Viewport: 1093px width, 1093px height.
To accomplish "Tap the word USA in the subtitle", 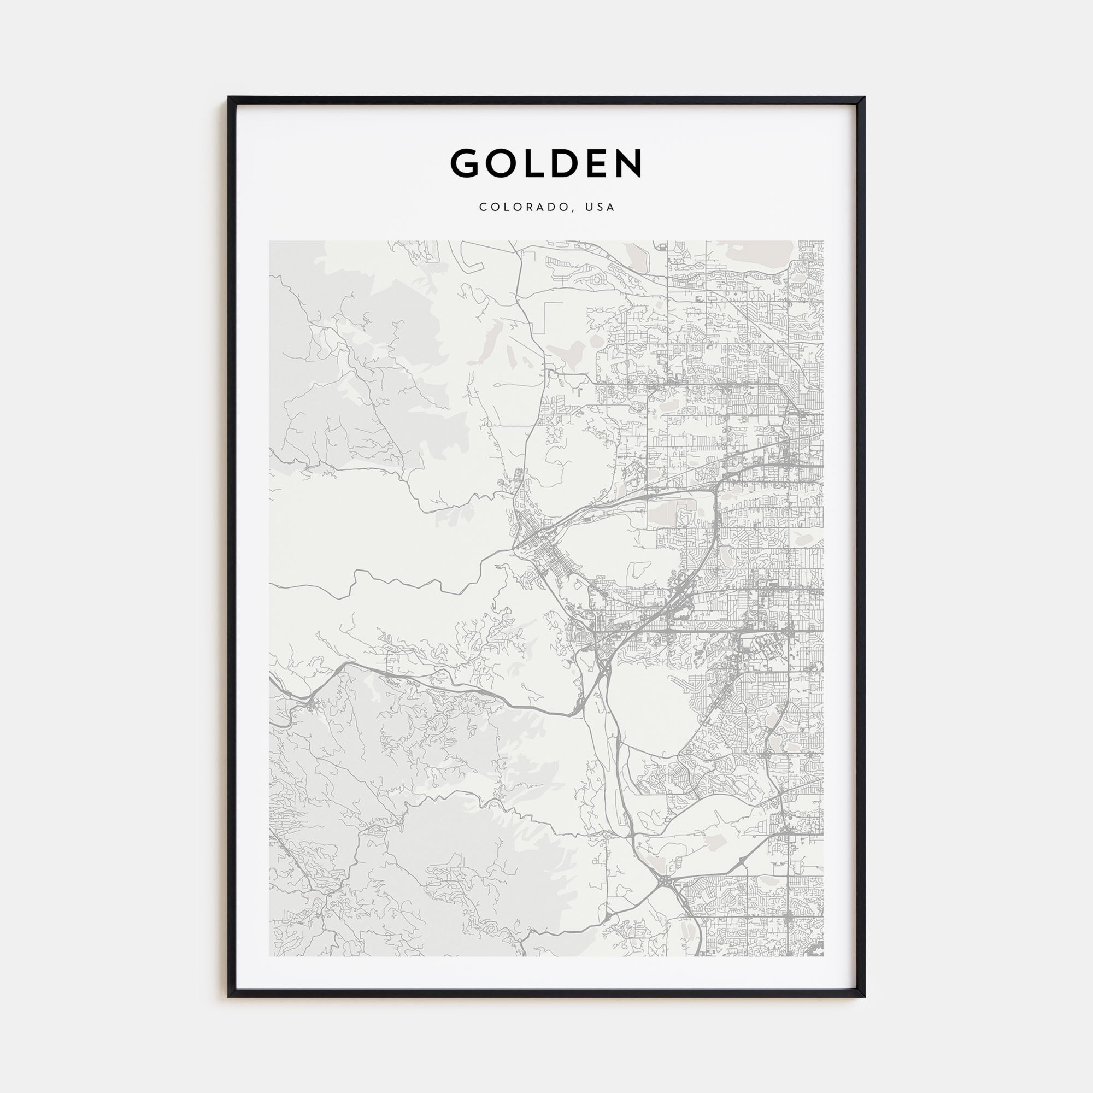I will tap(600, 207).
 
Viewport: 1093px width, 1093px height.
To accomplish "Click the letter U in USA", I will tap(590, 207).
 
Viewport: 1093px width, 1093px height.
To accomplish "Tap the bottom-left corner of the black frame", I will tap(229, 997).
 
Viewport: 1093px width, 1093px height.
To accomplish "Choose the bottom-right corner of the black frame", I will tap(864, 997).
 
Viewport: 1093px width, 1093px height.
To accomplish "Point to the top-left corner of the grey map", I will tap(270, 242).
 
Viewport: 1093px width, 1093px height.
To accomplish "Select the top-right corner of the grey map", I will tap(823, 242).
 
